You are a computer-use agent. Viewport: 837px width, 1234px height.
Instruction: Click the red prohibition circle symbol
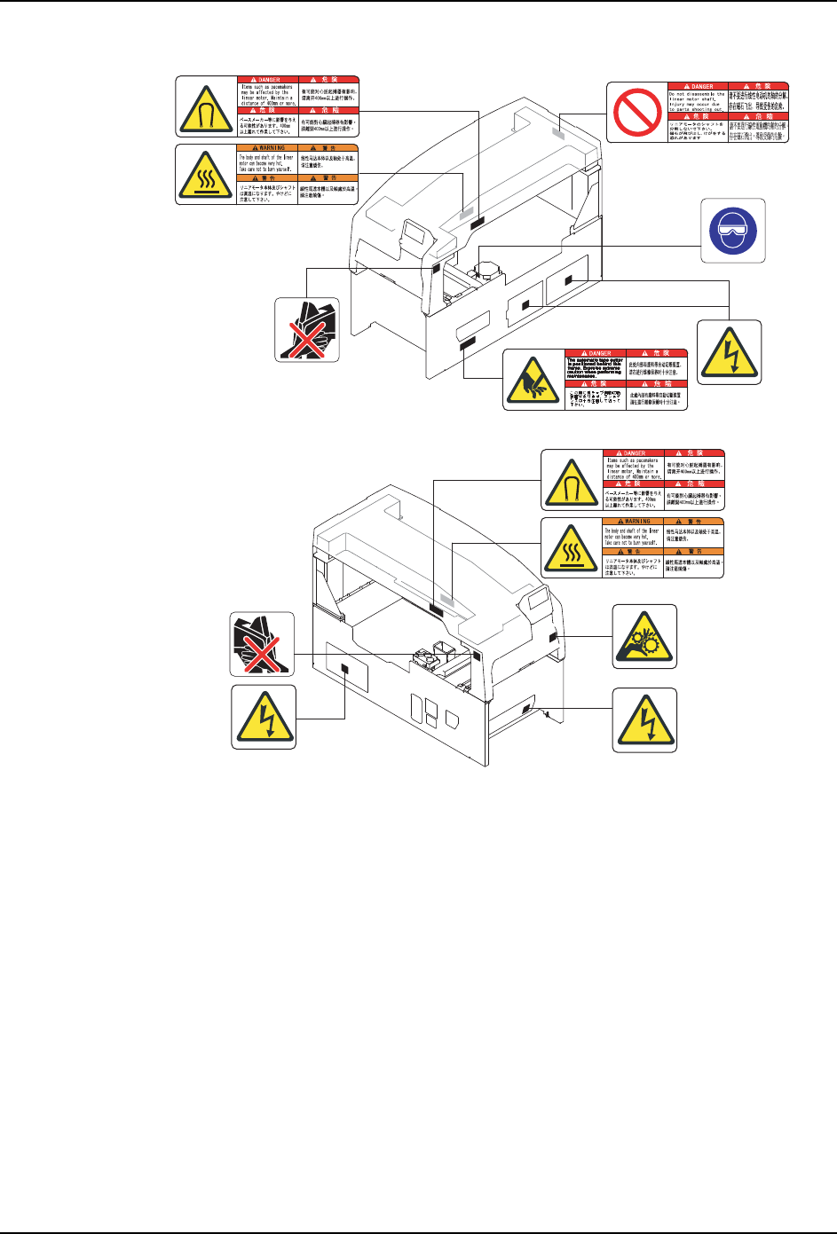(636, 111)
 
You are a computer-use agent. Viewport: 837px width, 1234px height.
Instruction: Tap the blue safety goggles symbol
(733, 231)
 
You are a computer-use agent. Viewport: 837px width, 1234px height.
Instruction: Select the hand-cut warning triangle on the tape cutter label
(533, 380)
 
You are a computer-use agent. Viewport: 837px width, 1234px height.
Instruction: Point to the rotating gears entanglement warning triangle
(645, 636)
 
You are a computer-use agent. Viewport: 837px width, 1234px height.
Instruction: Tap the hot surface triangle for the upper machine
(206, 175)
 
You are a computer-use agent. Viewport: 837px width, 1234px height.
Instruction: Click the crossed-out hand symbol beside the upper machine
(305, 329)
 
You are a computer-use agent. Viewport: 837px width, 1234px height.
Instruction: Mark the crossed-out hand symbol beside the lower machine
(263, 644)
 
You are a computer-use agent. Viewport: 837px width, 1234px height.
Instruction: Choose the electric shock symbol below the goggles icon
(730, 352)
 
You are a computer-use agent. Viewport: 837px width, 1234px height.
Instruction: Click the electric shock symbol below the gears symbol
(645, 719)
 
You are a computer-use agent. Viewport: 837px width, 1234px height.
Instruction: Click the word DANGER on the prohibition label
(702, 87)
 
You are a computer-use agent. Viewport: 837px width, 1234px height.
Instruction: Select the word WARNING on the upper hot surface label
(272, 148)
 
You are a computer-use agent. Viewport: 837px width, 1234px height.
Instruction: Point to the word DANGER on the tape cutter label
(600, 354)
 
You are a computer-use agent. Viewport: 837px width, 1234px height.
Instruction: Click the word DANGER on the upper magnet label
(270, 80)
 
